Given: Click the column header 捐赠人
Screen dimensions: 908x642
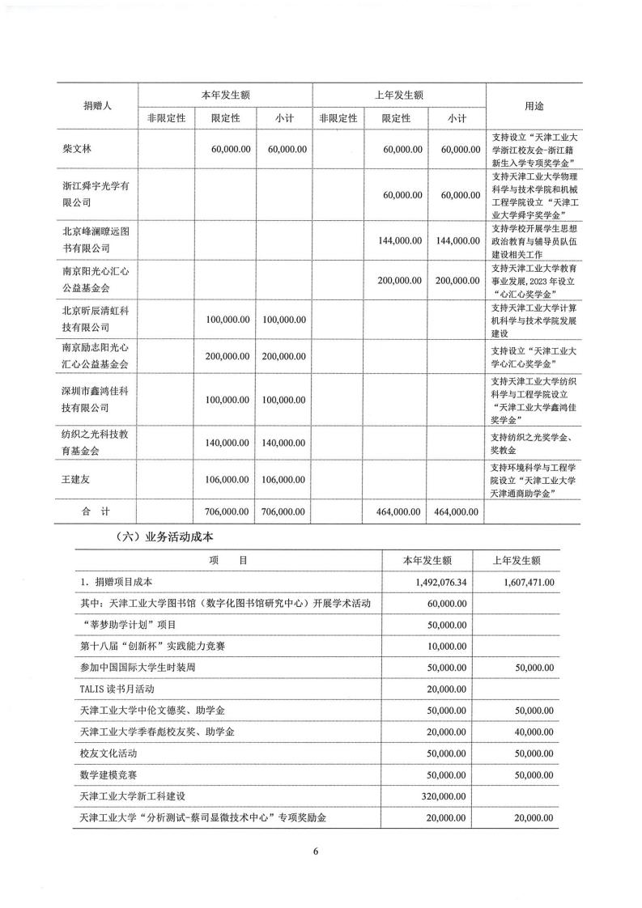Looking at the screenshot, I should tap(97, 106).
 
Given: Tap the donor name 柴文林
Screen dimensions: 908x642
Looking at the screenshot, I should tap(79, 150).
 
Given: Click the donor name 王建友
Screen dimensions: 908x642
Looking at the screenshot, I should tap(79, 480).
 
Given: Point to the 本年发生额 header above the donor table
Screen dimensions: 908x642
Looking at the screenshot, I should tap(225, 95).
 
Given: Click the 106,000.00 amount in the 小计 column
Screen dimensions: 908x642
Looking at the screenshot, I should tap(284, 480).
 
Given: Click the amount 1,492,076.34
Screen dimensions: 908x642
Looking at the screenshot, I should tap(436, 582).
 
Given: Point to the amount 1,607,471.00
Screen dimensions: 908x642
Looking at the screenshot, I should tap(524, 582).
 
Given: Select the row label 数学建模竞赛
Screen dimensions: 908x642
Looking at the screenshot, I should tap(114, 775).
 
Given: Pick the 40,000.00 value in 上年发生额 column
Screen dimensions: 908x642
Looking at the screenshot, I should tap(527, 732).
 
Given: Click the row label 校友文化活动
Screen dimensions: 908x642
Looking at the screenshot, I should tap(114, 753).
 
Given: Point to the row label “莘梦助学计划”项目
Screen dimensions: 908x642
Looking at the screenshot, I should tap(130, 625).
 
